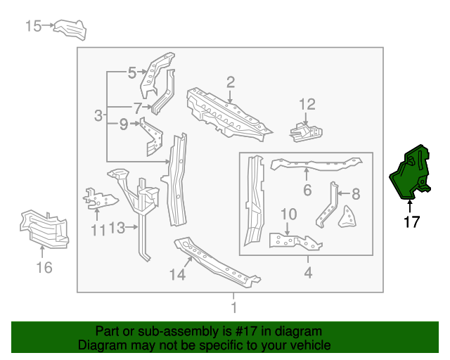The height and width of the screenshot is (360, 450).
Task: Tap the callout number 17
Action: [411, 223]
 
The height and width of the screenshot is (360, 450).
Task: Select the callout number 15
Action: [34, 26]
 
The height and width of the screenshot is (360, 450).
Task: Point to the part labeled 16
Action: [44, 227]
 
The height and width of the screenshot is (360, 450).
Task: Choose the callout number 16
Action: [44, 266]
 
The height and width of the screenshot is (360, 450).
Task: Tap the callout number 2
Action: [230, 82]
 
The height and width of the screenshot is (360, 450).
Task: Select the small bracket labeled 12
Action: [307, 131]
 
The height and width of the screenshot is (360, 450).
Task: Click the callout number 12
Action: [307, 105]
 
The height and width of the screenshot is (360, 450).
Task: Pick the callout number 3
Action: [99, 115]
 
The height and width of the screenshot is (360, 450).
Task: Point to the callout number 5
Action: [131, 71]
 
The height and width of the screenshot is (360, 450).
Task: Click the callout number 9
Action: [123, 124]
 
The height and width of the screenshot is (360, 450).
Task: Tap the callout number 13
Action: [117, 228]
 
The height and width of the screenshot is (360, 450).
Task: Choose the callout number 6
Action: [307, 190]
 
